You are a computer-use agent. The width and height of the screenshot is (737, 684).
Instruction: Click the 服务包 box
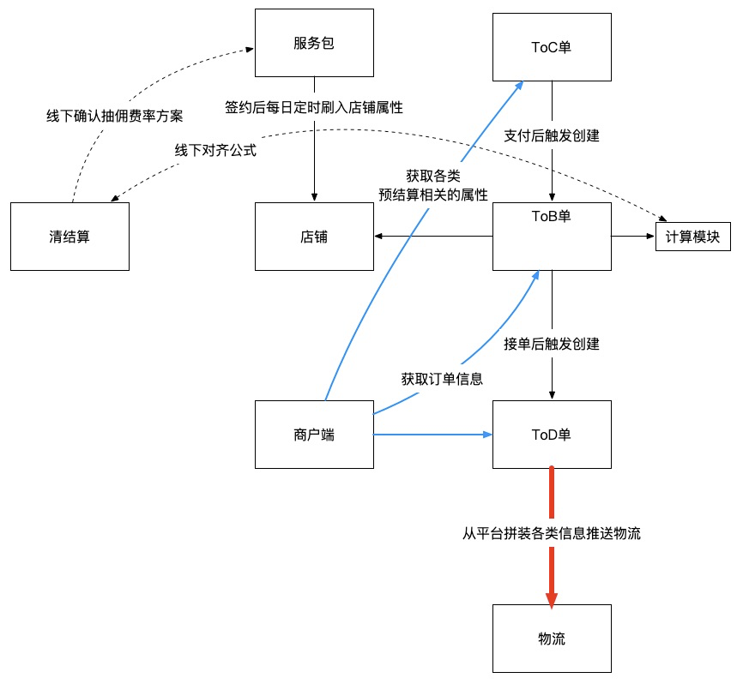tap(314, 43)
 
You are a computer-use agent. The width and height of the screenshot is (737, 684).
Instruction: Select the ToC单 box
tap(552, 47)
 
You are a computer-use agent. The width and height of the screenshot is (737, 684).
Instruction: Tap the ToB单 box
tap(552, 237)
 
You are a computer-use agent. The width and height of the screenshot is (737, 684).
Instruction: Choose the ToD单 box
tap(552, 435)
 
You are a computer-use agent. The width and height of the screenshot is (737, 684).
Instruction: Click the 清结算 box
tap(69, 237)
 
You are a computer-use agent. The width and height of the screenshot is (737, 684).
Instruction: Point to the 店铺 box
tap(314, 237)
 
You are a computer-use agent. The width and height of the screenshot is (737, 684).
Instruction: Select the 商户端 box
tap(314, 435)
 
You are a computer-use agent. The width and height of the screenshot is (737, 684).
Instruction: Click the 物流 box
tap(552, 639)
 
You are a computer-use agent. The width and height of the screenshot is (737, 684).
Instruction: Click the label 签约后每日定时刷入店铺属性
tap(314, 108)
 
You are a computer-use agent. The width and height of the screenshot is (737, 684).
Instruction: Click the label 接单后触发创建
tap(552, 345)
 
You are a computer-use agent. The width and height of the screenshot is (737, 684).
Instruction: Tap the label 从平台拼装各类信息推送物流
tap(552, 533)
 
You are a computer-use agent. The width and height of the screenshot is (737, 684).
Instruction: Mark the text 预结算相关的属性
tap(433, 195)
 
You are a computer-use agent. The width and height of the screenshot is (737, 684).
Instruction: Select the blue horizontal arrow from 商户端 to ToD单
tap(433, 435)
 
